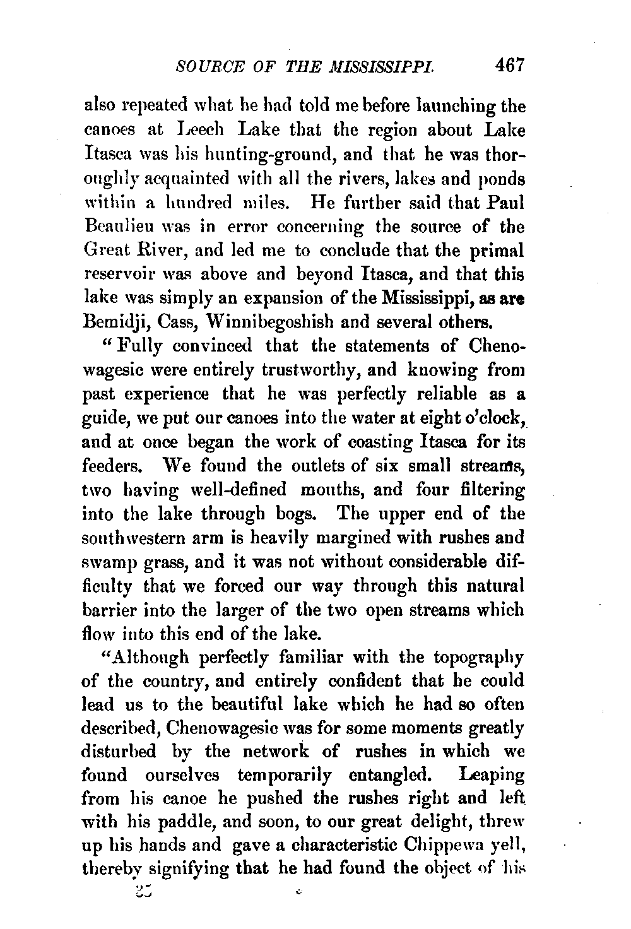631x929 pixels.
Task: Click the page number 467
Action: click(510, 65)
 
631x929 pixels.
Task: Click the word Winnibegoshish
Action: click(240, 322)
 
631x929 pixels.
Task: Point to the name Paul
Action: click(504, 202)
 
